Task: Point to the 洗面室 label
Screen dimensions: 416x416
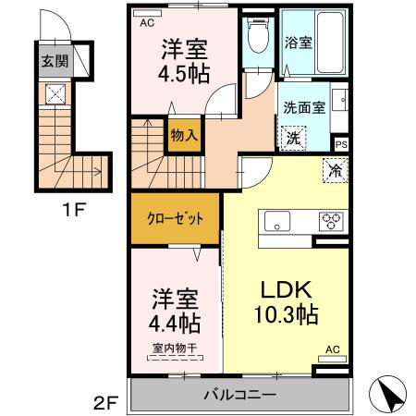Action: point(304,108)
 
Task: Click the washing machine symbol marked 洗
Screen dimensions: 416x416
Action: point(291,138)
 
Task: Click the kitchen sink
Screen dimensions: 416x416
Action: point(277,222)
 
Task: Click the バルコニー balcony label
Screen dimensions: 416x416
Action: point(239,395)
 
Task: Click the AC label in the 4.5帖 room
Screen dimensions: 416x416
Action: point(146,26)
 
